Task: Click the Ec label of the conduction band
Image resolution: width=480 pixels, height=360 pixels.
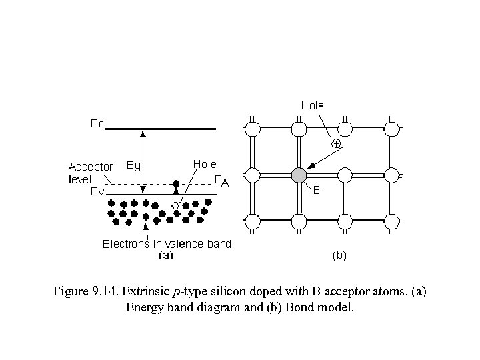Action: pyautogui.click(x=97, y=125)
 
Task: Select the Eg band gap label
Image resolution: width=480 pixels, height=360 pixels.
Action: pyautogui.click(x=133, y=165)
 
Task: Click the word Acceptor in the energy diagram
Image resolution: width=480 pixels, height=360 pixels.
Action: pyautogui.click(x=91, y=166)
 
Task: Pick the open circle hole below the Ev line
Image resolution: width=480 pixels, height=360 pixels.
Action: pyautogui.click(x=175, y=205)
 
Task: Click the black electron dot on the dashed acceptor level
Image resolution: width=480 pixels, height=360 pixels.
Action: pyautogui.click(x=176, y=183)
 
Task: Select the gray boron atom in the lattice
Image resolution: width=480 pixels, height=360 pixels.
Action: pyautogui.click(x=299, y=175)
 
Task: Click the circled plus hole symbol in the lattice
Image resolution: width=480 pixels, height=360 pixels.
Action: pyautogui.click(x=337, y=144)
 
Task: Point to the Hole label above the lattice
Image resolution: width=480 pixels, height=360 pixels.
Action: pyautogui.click(x=312, y=105)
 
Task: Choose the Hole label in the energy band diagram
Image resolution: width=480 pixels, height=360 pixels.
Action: pyautogui.click(x=203, y=163)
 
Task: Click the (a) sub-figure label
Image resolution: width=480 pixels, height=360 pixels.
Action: pyautogui.click(x=165, y=255)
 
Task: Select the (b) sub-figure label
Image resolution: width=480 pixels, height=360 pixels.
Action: pyautogui.click(x=339, y=255)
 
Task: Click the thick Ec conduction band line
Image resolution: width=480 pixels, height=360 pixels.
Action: pyautogui.click(x=160, y=128)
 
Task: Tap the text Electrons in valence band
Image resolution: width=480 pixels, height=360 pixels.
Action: pyautogui.click(x=167, y=244)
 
